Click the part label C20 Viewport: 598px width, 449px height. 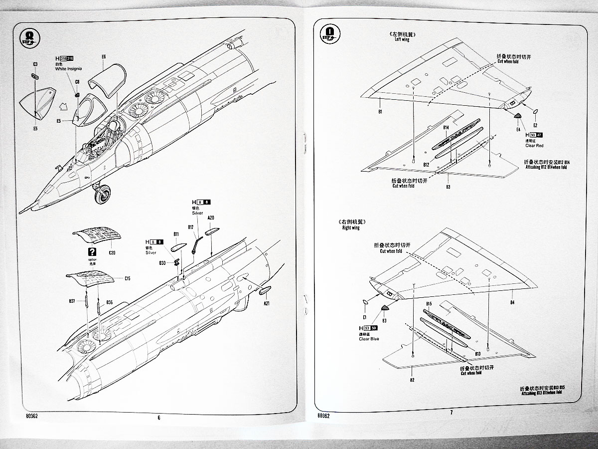(112, 253)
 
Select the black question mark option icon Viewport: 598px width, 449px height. (91, 252)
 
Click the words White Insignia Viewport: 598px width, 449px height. (68, 68)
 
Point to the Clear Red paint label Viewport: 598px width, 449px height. (534, 145)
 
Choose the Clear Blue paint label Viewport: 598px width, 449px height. (369, 339)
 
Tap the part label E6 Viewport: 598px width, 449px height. (104, 57)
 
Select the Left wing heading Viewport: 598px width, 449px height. (401, 39)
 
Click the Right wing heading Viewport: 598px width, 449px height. (350, 227)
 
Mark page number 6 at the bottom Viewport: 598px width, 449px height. (159, 418)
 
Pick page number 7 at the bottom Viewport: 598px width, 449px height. (451, 412)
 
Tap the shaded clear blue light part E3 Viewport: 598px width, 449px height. (385, 308)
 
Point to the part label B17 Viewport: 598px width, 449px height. (191, 227)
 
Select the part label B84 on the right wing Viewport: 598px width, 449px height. (512, 302)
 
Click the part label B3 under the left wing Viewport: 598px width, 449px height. (448, 187)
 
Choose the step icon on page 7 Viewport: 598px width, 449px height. (327, 33)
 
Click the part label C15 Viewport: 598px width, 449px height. (127, 278)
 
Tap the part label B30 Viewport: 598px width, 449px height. (162, 262)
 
